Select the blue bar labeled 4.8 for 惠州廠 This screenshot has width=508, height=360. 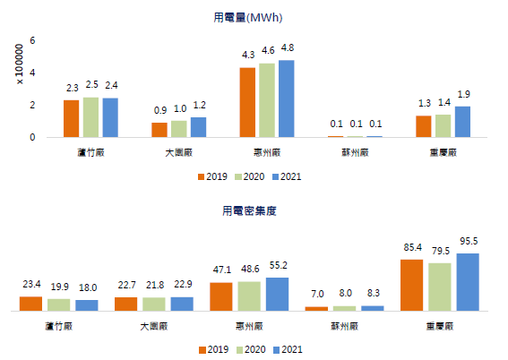[x=286, y=99]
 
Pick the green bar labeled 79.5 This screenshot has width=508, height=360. [x=440, y=287]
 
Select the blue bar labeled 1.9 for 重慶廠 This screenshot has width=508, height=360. [x=461, y=122]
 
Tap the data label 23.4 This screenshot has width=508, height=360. [x=31, y=286]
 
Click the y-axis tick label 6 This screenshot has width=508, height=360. [x=32, y=41]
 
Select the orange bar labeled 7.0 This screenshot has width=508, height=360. [x=316, y=308]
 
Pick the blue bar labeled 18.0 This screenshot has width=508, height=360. [x=87, y=305]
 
